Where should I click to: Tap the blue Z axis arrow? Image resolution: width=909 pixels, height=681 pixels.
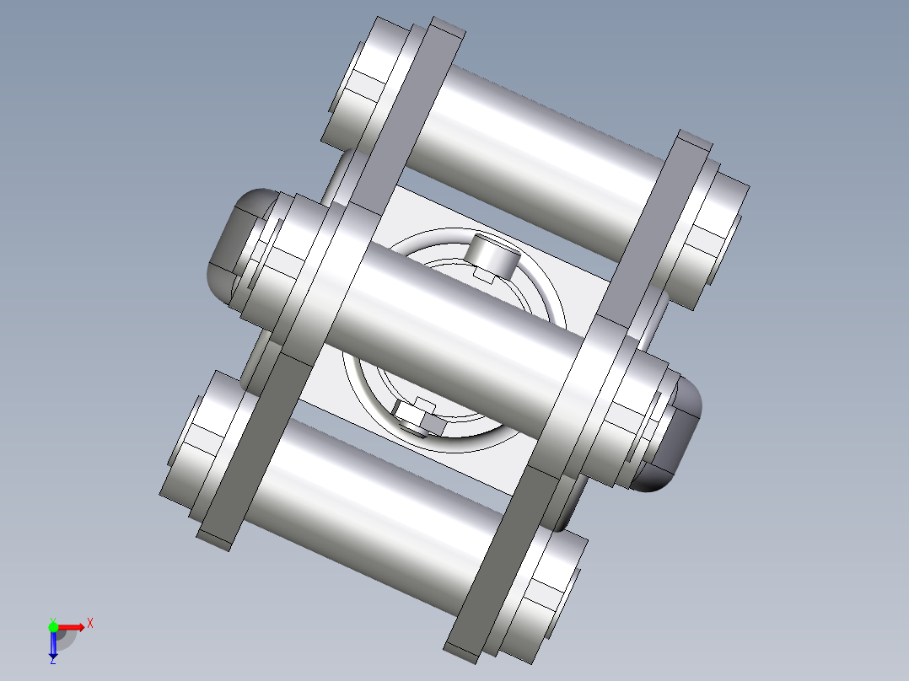53,645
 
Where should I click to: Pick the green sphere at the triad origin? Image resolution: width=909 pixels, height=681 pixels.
53,626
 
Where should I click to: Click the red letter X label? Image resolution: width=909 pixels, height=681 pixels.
90,623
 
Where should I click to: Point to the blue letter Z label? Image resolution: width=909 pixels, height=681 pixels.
52,661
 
